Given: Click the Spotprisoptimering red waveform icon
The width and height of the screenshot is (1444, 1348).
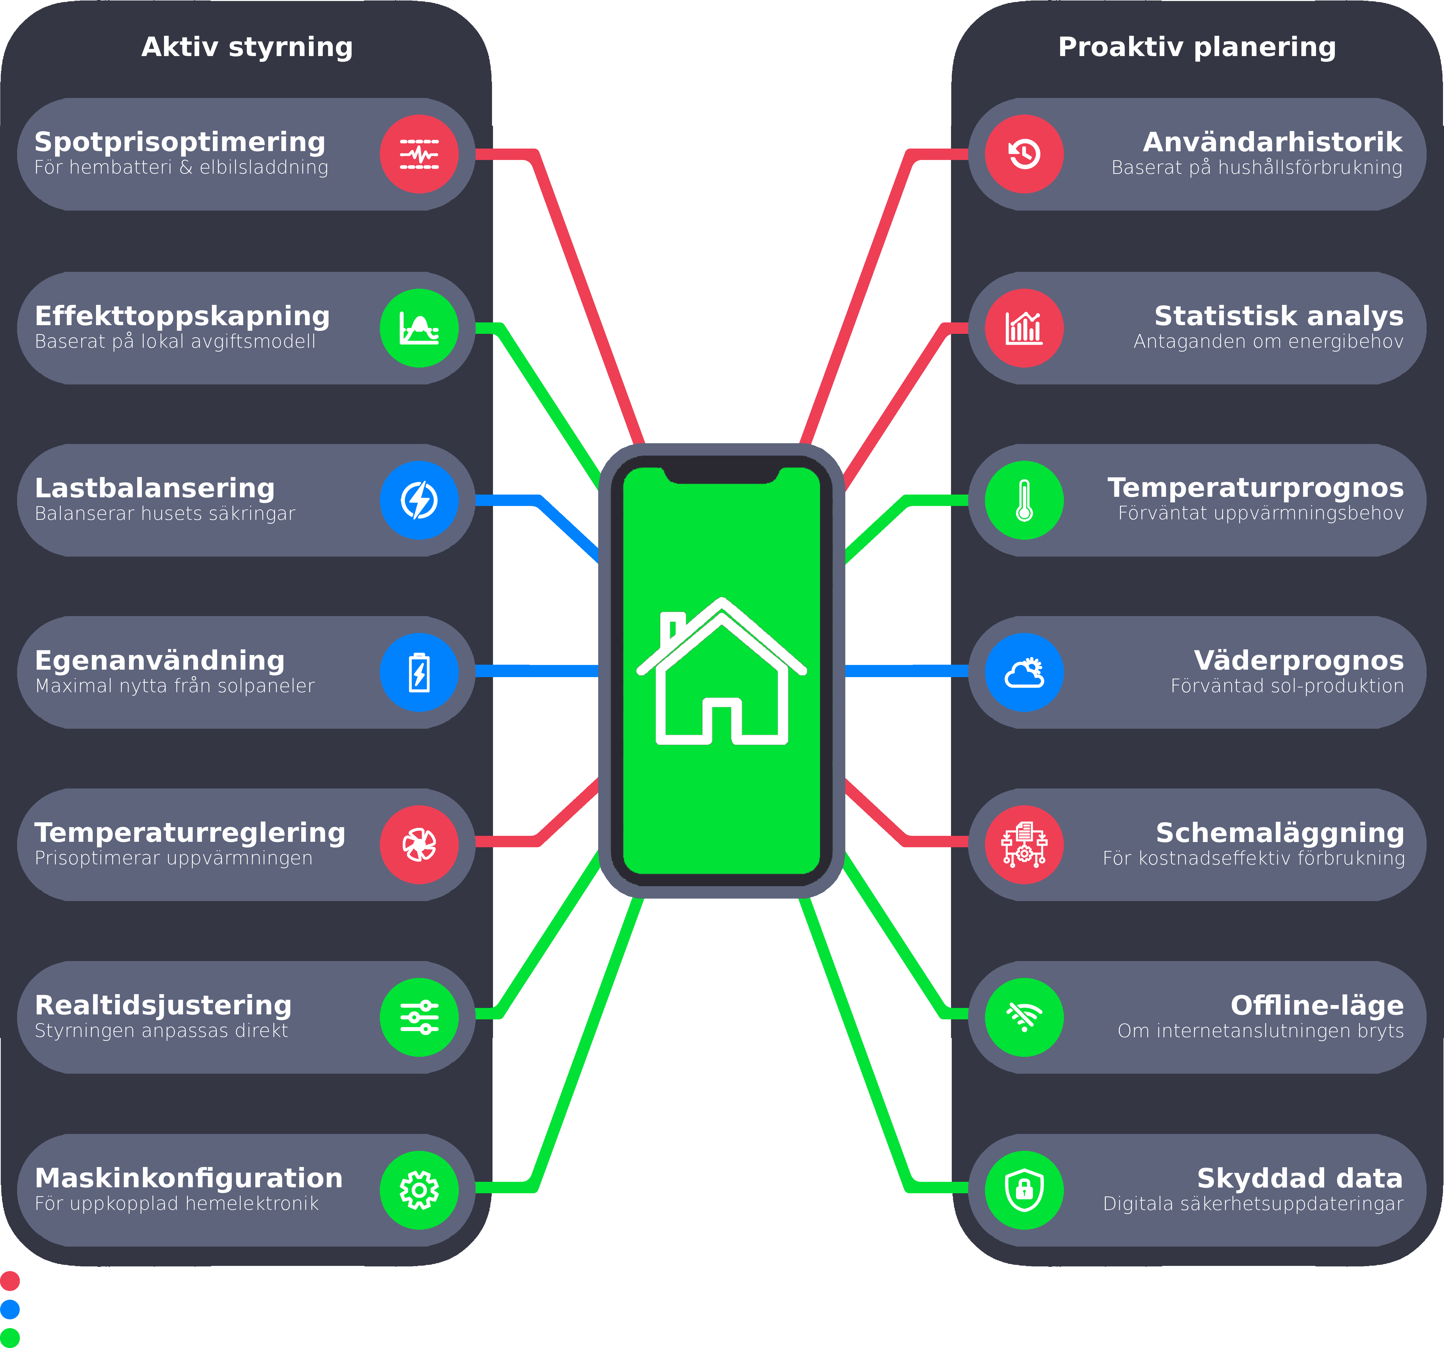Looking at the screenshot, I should (419, 154).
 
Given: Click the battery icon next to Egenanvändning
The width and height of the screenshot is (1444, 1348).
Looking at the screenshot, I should (419, 673).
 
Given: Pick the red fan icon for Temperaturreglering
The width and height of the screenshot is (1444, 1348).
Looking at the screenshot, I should (419, 845).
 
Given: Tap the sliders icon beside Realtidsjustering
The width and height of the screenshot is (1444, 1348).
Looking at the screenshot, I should (419, 1017).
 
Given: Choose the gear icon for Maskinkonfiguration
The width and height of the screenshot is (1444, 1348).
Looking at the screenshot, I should (419, 1190).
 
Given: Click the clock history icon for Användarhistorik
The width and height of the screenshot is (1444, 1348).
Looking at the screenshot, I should (1024, 154).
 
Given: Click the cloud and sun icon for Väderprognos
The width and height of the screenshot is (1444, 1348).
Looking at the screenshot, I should (1024, 673).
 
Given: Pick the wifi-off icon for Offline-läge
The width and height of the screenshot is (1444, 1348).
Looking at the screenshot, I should (1024, 1017).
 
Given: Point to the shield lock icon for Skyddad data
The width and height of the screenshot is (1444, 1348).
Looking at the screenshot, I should (1024, 1190).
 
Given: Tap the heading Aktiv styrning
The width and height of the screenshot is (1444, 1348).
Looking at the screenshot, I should (247, 47).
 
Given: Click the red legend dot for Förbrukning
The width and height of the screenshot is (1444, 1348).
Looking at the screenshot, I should (10, 1281).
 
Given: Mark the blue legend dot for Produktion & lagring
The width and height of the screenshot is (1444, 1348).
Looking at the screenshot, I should (10, 1310).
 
